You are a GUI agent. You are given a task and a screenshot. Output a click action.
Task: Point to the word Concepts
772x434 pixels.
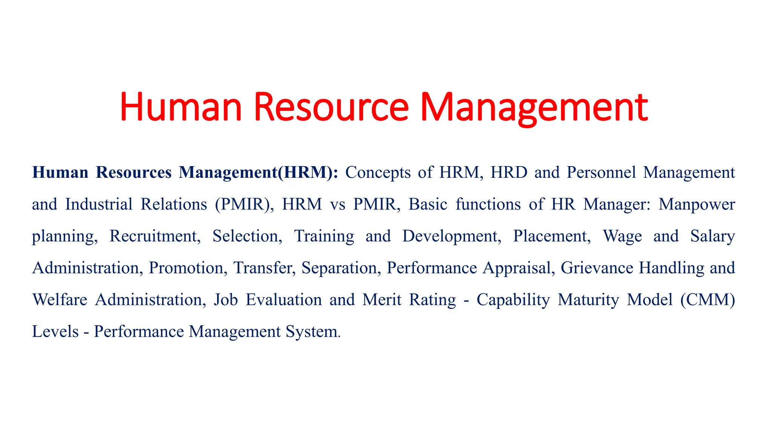pos(378,173)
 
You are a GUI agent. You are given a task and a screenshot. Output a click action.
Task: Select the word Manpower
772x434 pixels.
pos(697,205)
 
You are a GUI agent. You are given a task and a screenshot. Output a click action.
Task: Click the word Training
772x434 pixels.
pos(324,237)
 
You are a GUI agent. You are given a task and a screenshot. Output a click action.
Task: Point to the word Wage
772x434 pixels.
pos(622,237)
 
